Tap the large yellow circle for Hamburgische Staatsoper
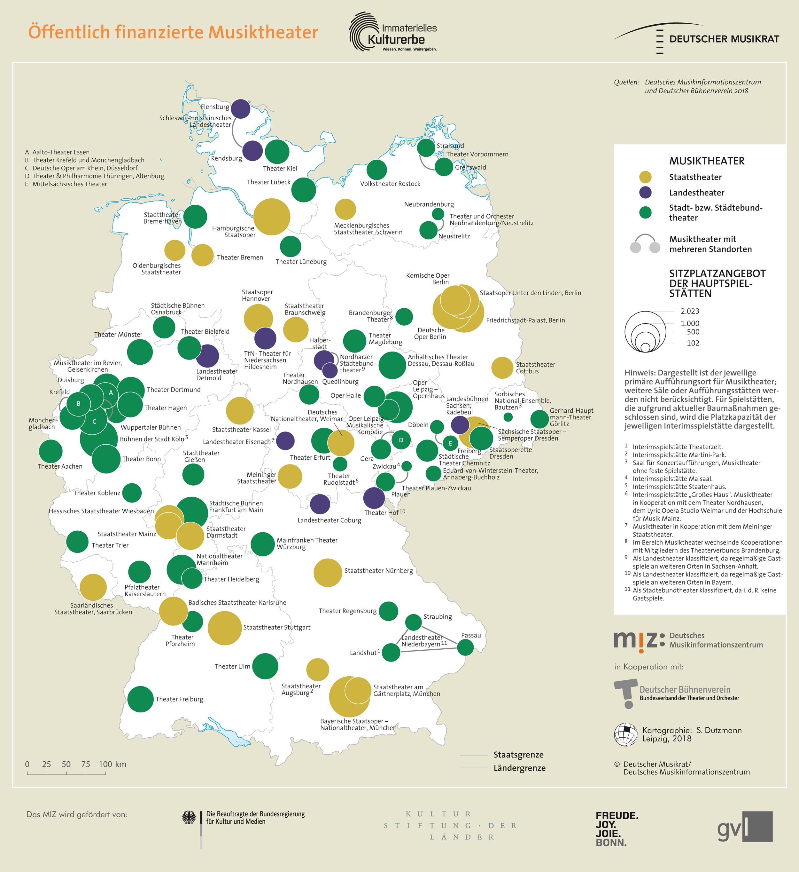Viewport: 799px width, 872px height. (x=272, y=216)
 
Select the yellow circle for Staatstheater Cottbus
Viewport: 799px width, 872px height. (x=502, y=368)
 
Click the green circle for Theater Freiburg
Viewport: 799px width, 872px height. (x=141, y=699)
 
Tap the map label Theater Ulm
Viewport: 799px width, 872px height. (x=232, y=666)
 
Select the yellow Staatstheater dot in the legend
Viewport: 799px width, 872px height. (x=645, y=177)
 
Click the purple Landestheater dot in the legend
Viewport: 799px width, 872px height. (x=645, y=193)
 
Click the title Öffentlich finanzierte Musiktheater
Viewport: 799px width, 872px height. (x=173, y=32)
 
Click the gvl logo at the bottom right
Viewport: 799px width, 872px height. (x=745, y=827)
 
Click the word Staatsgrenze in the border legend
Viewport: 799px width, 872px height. (x=518, y=755)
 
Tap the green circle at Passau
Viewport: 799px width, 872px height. (x=465, y=647)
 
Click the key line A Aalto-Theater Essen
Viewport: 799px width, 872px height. (x=57, y=152)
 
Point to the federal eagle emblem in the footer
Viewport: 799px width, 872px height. (x=189, y=818)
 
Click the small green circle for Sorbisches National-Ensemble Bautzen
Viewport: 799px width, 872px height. (x=508, y=417)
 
